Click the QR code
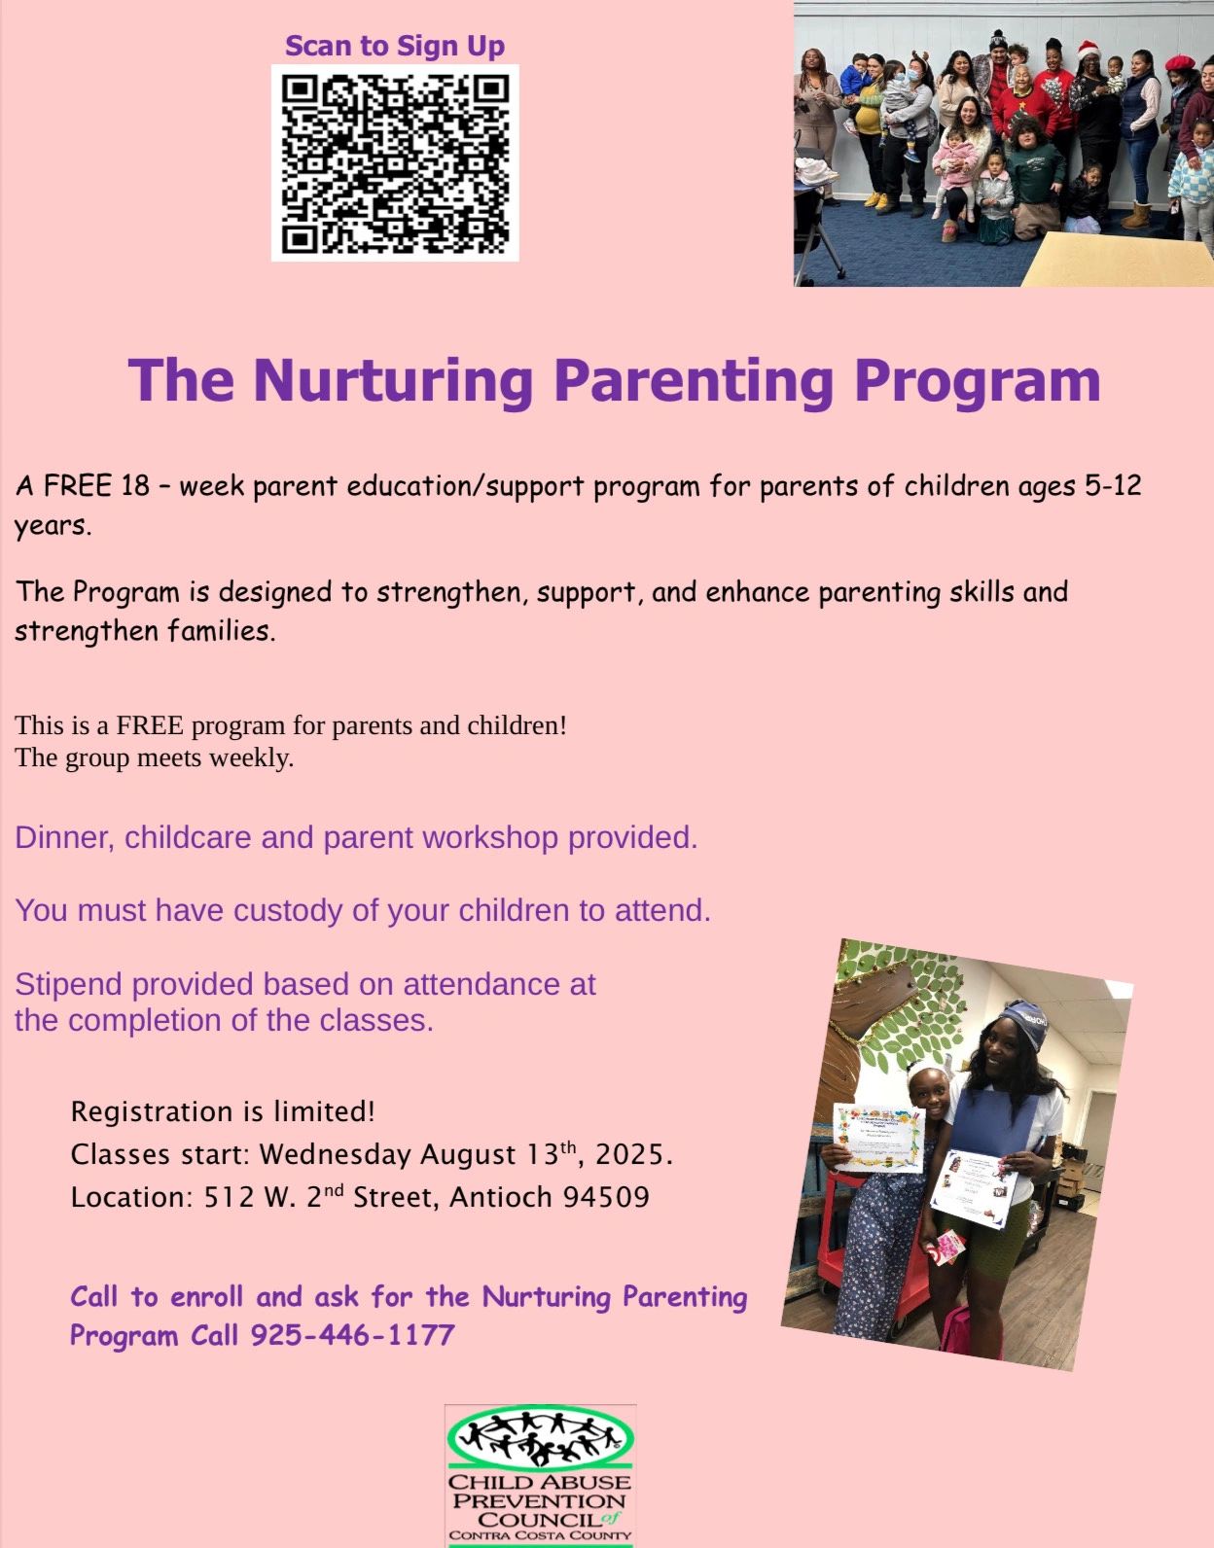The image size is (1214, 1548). (395, 163)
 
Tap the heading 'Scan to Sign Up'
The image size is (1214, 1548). (395, 46)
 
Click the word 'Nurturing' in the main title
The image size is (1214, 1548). (393, 380)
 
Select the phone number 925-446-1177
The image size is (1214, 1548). (353, 1335)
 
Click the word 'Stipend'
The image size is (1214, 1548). (68, 985)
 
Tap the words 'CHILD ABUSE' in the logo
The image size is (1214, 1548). (539, 1483)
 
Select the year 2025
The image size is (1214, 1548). (634, 1155)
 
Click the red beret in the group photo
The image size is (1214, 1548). (1180, 62)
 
